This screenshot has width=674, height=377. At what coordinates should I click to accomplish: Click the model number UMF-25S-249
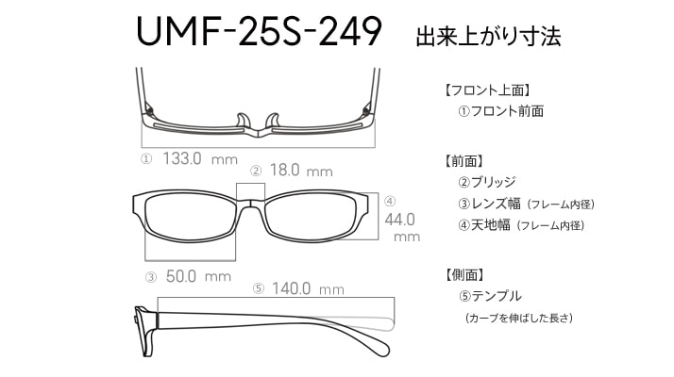click(259, 33)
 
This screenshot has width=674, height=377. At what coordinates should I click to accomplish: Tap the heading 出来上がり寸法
click(488, 37)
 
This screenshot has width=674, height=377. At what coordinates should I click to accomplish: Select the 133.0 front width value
click(183, 158)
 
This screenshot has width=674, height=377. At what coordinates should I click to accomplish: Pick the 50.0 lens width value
click(180, 276)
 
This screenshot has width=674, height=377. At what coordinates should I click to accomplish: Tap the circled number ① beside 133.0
click(146, 159)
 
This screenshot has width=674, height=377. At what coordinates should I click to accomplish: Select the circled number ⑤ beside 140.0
click(258, 289)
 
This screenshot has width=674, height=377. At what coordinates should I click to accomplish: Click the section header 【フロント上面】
click(487, 91)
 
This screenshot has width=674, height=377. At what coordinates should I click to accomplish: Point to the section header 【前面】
click(463, 159)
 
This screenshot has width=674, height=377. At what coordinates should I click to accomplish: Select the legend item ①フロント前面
click(500, 111)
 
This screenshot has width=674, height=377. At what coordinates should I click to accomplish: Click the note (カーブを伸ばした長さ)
click(519, 319)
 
